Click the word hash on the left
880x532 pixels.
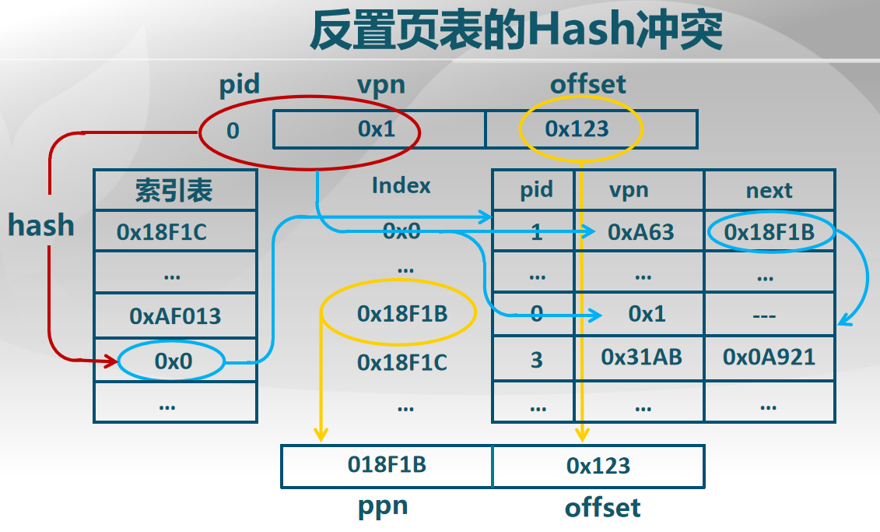pos(40,226)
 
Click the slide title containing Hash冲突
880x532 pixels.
pos(517,31)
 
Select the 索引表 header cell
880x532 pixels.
pos(174,190)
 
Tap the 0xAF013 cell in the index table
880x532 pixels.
pos(175,316)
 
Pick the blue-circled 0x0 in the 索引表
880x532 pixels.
pos(173,361)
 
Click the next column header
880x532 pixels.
pos(769,190)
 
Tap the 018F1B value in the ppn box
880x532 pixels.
pos(387,465)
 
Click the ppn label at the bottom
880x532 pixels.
pos(383,506)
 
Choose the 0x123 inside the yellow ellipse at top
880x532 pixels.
pos(577,129)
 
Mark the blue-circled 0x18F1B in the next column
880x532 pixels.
pos(769,231)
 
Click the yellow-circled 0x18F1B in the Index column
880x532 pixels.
pos(401,313)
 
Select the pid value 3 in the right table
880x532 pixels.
pos(536,360)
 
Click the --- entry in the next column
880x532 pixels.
pos(769,316)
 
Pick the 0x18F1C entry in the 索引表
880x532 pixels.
pos(162,231)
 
